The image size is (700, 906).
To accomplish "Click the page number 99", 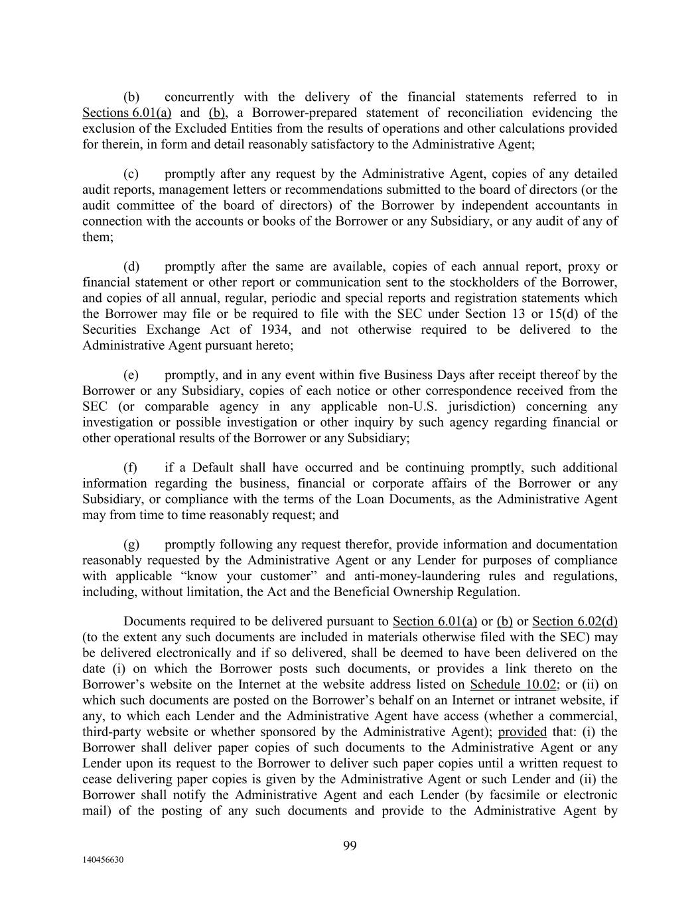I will tap(350, 845).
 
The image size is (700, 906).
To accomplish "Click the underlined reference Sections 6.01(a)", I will tap(127, 113).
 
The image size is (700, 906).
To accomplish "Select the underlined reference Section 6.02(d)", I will tap(575, 622).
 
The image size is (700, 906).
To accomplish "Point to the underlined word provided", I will tap(522, 732).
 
